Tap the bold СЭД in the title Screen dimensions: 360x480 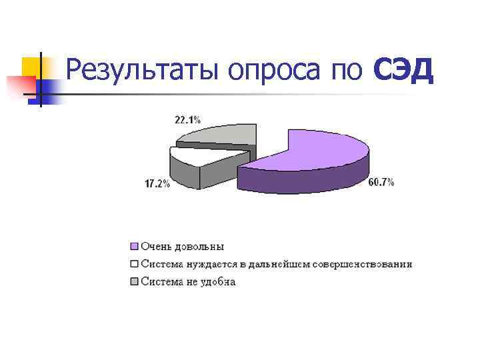pos(404,70)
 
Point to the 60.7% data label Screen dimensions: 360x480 pos(381,182)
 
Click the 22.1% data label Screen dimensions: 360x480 pos(187,120)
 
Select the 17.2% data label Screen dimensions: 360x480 pos(157,184)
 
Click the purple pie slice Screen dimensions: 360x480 pos(320,150)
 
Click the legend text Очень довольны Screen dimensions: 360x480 pos(182,246)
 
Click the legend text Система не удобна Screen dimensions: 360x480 pos(188,282)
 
